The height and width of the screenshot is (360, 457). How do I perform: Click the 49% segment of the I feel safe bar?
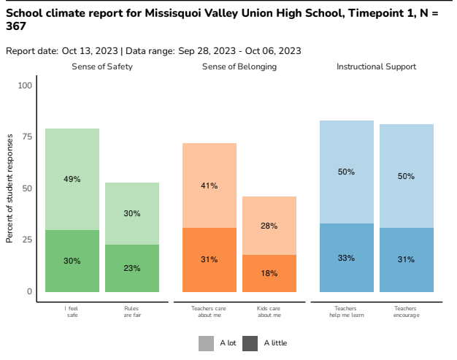pos(72,179)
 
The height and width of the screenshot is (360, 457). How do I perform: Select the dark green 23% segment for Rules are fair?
pos(131,268)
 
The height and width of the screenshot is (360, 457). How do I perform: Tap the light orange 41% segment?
pos(209,185)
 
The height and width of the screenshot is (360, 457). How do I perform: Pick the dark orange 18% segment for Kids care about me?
pos(269,273)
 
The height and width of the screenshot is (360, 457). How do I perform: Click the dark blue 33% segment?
pos(346,258)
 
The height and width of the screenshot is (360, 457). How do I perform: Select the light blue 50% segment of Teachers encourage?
pos(406,176)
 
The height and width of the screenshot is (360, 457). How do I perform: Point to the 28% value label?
pos(269,226)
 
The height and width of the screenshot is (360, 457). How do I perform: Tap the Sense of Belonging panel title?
pos(239,66)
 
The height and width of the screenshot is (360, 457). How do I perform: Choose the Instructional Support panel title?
pos(376,66)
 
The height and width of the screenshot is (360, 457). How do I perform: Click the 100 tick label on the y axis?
pos(25,85)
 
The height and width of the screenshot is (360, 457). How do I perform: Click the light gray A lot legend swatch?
pos(207,343)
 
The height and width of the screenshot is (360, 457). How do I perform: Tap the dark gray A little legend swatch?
pos(250,343)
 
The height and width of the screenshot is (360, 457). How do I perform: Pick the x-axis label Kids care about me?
pos(269,312)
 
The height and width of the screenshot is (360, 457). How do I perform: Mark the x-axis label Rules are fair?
pos(131,312)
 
